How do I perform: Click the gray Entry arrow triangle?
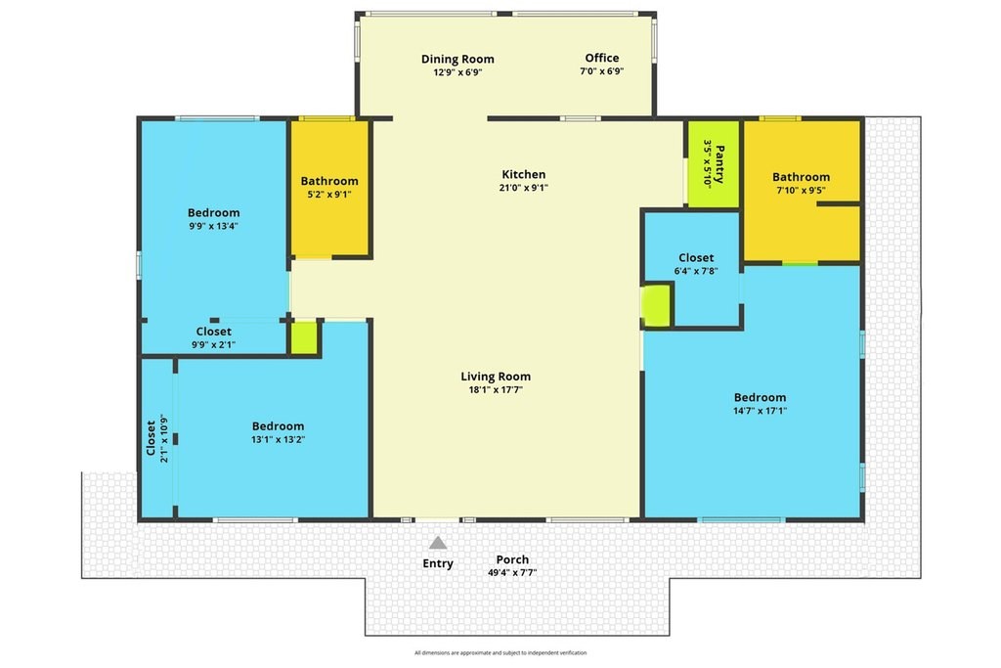tap(438, 543)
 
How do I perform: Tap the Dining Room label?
tap(457, 59)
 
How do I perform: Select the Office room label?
tap(602, 58)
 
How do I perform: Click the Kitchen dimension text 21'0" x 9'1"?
tap(524, 188)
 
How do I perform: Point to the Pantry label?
tap(719, 164)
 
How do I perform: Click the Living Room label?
tap(496, 377)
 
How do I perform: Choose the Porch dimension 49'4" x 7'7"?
tap(512, 573)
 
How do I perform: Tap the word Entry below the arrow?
tap(438, 563)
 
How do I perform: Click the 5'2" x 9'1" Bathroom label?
tap(329, 181)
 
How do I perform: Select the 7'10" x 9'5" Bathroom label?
tap(802, 177)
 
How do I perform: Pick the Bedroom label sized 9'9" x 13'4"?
tap(214, 212)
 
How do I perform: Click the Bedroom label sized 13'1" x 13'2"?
tap(279, 426)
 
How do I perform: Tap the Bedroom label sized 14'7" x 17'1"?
tap(760, 397)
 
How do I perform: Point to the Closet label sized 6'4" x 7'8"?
tap(696, 257)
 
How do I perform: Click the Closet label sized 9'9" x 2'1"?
tap(214, 332)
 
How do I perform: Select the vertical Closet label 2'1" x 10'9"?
tap(152, 438)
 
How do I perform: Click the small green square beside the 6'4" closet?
tap(656, 306)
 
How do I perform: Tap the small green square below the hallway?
tap(304, 337)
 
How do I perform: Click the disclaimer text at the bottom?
tap(500, 652)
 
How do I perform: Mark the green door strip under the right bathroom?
tap(800, 263)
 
